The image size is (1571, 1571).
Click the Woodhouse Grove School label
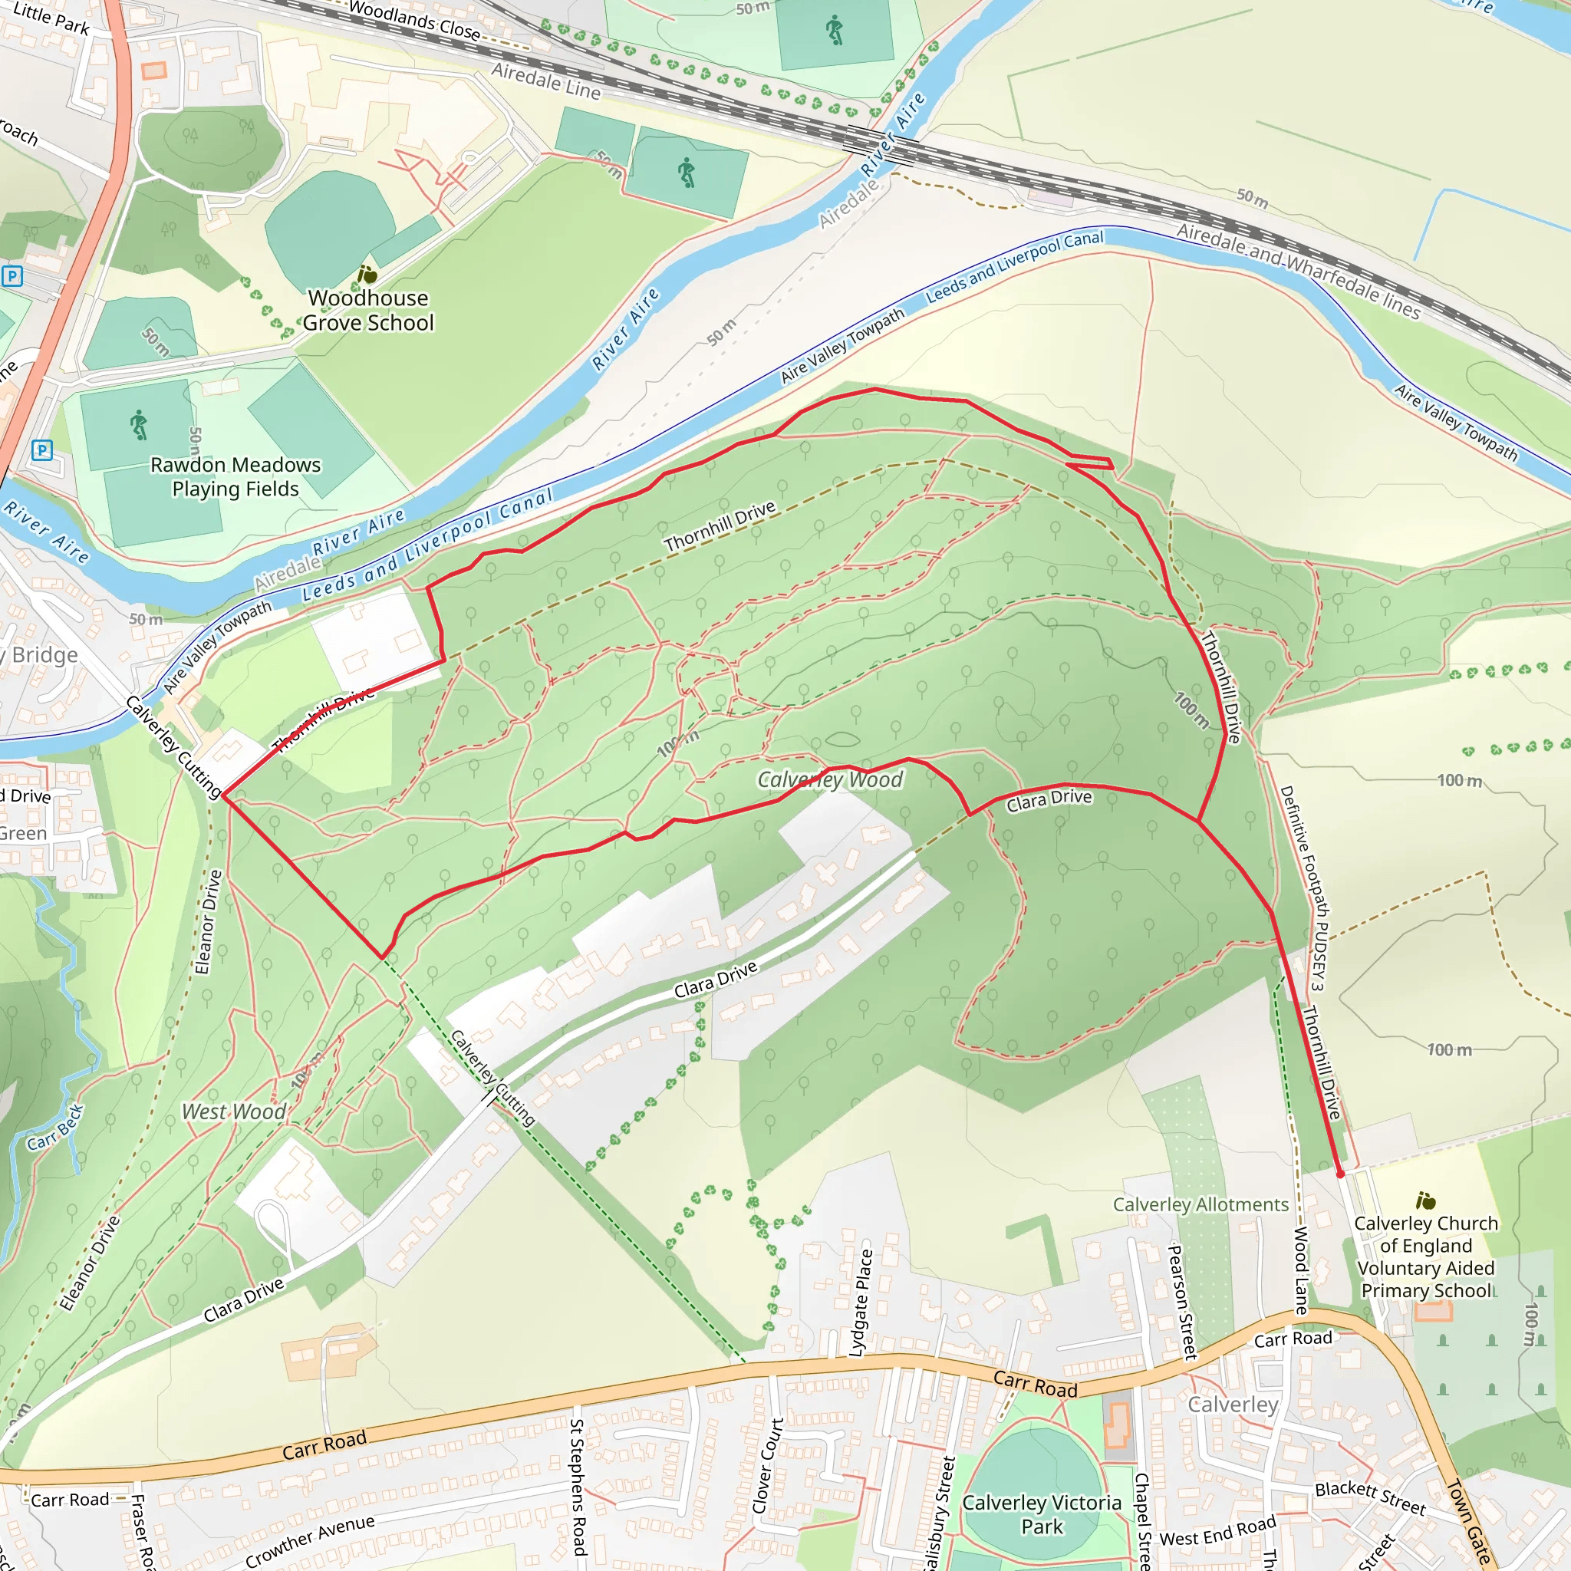367,310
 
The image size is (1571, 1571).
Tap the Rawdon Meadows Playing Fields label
235,476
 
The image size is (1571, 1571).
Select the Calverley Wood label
829,780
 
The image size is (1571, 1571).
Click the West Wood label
233,1112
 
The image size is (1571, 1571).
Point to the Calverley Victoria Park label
1042,1514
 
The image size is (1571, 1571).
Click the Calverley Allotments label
1200,1204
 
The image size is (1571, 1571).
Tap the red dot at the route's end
1340,1174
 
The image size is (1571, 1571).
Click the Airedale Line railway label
545,82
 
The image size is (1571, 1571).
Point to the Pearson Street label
1182,1302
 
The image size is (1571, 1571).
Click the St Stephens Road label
578,1487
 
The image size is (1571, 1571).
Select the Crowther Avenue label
310,1540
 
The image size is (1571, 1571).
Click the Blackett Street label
1370,1498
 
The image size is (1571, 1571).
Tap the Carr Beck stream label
55,1128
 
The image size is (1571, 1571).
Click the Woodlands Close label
414,19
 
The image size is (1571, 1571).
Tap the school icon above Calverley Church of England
1424,1201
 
